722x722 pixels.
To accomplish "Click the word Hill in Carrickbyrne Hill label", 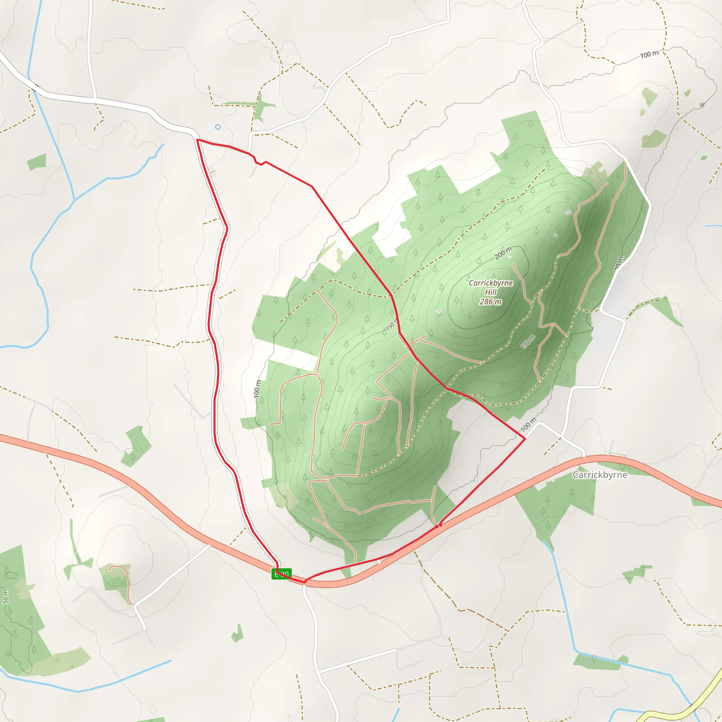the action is pyautogui.click(x=491, y=292).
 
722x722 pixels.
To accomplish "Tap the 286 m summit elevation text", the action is pyautogui.click(x=491, y=301).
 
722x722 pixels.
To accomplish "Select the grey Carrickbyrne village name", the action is pyautogui.click(x=600, y=475).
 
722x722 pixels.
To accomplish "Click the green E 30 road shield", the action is pyautogui.click(x=281, y=574).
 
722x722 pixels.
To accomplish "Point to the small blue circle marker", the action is pyautogui.click(x=218, y=127).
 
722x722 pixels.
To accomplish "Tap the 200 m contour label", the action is pyautogui.click(x=503, y=253).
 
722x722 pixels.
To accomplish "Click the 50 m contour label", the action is pyautogui.click(x=5, y=596).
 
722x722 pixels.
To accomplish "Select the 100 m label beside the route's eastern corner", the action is pyautogui.click(x=528, y=424).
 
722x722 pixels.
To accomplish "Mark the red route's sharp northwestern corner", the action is pyautogui.click(x=197, y=140).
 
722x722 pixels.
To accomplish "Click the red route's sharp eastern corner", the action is pyautogui.click(x=525, y=438).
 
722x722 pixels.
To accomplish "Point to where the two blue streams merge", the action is pyautogui.click(x=74, y=199).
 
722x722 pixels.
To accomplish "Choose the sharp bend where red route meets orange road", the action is pyautogui.click(x=305, y=581).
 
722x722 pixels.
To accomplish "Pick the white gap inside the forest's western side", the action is pyautogui.click(x=293, y=359).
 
